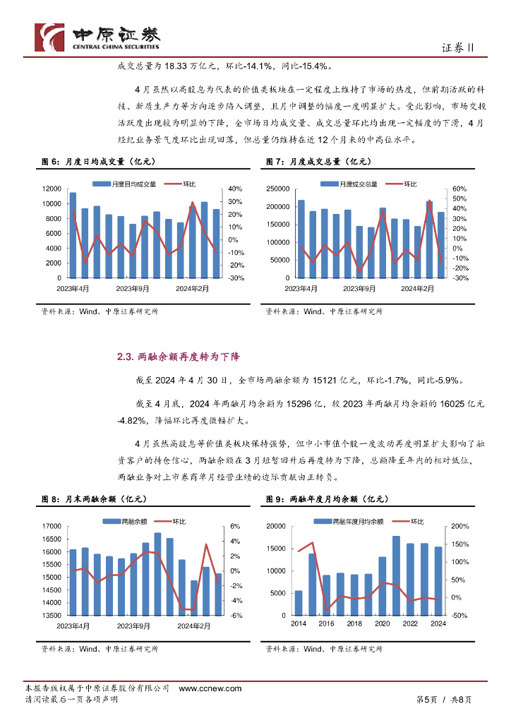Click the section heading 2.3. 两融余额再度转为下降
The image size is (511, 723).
coord(184,357)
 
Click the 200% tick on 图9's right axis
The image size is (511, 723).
coord(459,527)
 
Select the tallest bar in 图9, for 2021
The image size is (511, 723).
coord(397,575)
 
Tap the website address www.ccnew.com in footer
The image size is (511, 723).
coord(206,688)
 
